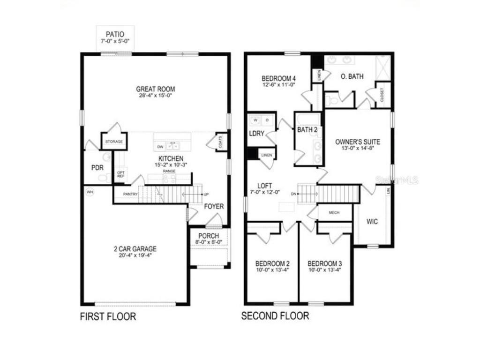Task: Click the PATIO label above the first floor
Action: coord(115,34)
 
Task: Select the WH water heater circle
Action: coord(89,191)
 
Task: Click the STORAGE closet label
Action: coord(113,141)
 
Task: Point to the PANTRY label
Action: coord(130,194)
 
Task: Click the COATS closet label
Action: coord(221,142)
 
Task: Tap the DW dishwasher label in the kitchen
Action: coord(161,146)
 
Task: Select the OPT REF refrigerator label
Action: coord(120,174)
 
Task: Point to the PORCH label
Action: coord(209,235)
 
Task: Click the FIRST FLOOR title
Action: coord(108,317)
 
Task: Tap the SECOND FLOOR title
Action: coord(275,316)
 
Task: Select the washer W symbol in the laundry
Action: coord(255,120)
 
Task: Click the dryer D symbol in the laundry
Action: coord(267,120)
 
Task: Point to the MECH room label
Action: coord(334,212)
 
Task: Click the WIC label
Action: coord(372,221)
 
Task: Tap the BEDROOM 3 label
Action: coord(325,263)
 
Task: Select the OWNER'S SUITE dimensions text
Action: coord(357,149)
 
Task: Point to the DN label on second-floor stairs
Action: coord(293,193)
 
